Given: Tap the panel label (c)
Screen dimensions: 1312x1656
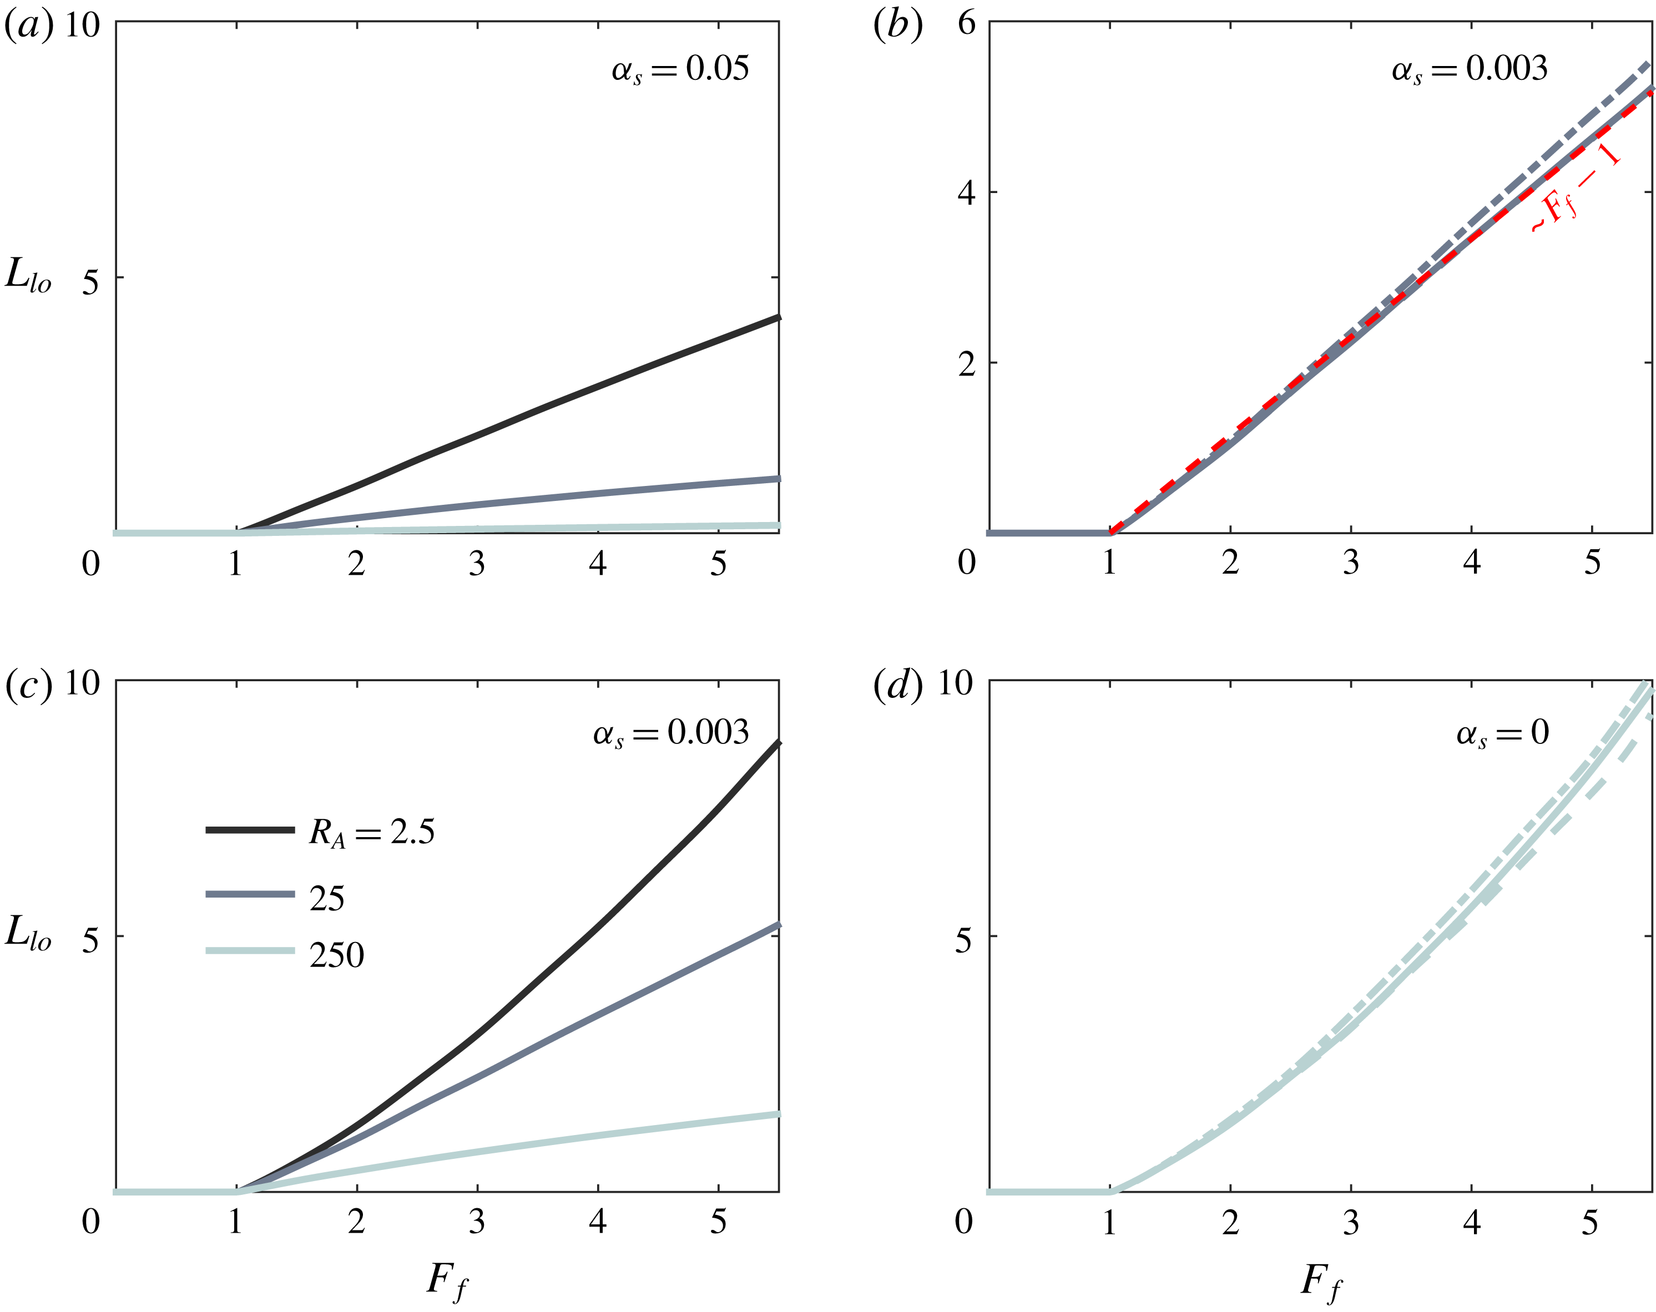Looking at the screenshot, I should (29, 684).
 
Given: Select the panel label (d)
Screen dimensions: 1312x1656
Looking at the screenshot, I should (898, 684).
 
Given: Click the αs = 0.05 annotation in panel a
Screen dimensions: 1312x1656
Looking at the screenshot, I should (680, 70).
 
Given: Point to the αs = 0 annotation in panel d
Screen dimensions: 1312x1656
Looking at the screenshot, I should (1502, 734).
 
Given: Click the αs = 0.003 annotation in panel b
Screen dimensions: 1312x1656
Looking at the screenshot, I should (1468, 70).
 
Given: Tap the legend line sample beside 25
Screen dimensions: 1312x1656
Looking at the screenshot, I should (250, 894).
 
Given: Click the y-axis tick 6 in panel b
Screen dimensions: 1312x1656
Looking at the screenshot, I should (966, 24).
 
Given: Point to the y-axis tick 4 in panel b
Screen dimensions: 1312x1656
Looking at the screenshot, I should (966, 193).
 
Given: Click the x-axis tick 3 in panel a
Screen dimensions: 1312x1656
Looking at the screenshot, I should (477, 564).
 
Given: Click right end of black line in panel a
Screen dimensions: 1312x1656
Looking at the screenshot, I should (777, 317).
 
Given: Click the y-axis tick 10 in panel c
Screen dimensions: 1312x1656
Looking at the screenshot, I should (82, 682).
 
